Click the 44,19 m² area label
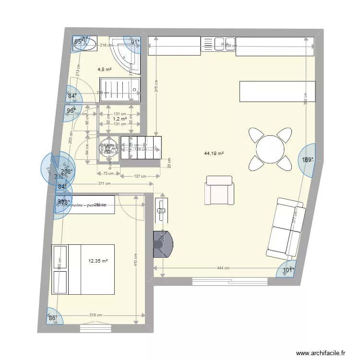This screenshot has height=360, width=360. tap(214, 154)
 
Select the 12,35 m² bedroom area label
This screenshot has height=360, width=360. tap(97, 261)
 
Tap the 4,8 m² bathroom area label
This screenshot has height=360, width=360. tap(105, 70)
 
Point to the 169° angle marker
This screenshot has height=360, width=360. tap(307, 160)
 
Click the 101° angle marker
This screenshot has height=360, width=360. tap(288, 270)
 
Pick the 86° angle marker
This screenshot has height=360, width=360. tap(52, 318)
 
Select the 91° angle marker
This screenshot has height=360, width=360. tap(135, 42)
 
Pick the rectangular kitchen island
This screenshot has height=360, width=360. tap(277, 91)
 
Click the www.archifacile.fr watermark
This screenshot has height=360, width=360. tap(321, 352)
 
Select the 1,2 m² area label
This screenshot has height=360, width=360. tap(120, 119)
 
